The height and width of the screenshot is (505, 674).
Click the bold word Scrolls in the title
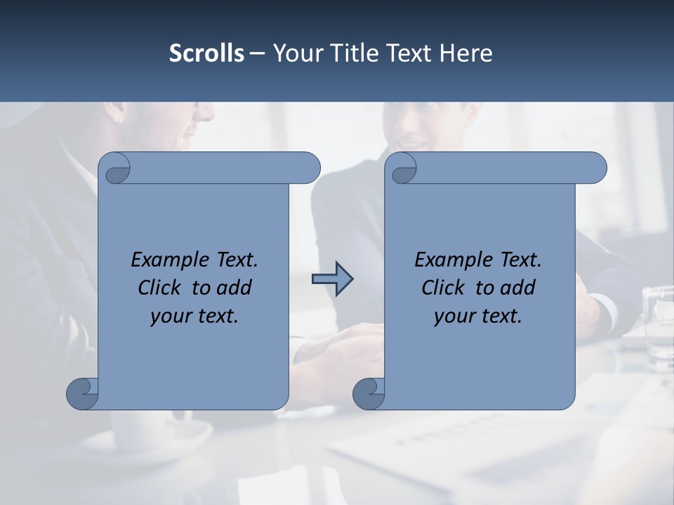click(x=206, y=53)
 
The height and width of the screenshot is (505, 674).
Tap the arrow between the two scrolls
click(x=332, y=279)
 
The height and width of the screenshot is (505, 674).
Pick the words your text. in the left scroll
click(x=194, y=316)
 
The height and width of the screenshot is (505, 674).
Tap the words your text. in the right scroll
click(x=478, y=316)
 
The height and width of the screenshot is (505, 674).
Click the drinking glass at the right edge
click(x=658, y=326)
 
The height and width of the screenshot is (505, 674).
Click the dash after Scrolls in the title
click(x=257, y=53)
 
